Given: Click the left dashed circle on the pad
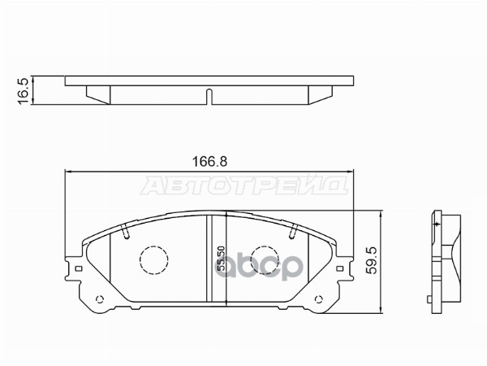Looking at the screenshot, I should (x=153, y=260).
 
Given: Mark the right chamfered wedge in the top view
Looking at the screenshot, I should (x=320, y=95).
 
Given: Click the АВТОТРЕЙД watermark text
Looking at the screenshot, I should (x=243, y=190).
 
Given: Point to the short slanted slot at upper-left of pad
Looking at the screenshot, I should (x=126, y=234).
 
